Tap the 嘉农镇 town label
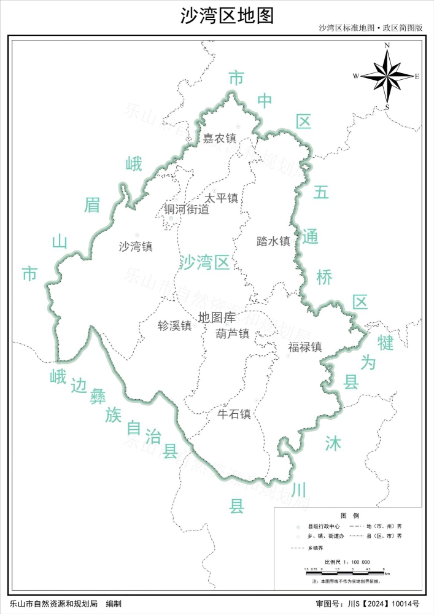pos(219,139)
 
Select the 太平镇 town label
pos(222,198)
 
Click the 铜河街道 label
pos(187,209)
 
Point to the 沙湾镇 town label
pos(136,247)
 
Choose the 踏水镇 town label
pos(273,241)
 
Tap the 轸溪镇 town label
pos(175,326)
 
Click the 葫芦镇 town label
pos(233,334)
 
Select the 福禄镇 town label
pos(305,347)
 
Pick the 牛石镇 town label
pos(234,414)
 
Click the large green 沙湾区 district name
pos(204,263)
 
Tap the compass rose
pos(387,77)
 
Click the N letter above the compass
pos(387,45)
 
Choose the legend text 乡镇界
pos(318,546)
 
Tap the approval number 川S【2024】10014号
pos(384,604)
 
